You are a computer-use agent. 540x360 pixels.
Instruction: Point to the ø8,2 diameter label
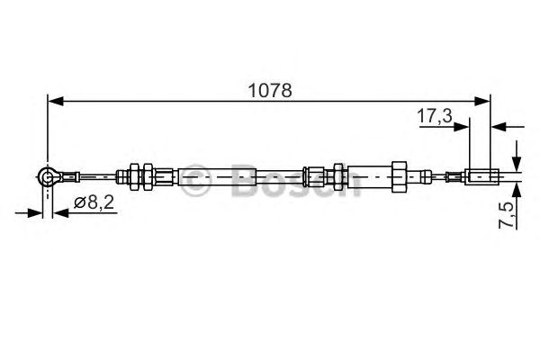point(94,204)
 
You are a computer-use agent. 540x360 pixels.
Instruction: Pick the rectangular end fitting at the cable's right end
point(481,177)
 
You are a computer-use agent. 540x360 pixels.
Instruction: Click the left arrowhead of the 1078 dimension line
point(54,101)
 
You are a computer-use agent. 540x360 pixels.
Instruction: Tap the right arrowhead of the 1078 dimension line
point(484,101)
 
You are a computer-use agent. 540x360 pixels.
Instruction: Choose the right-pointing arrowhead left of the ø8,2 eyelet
point(36,213)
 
